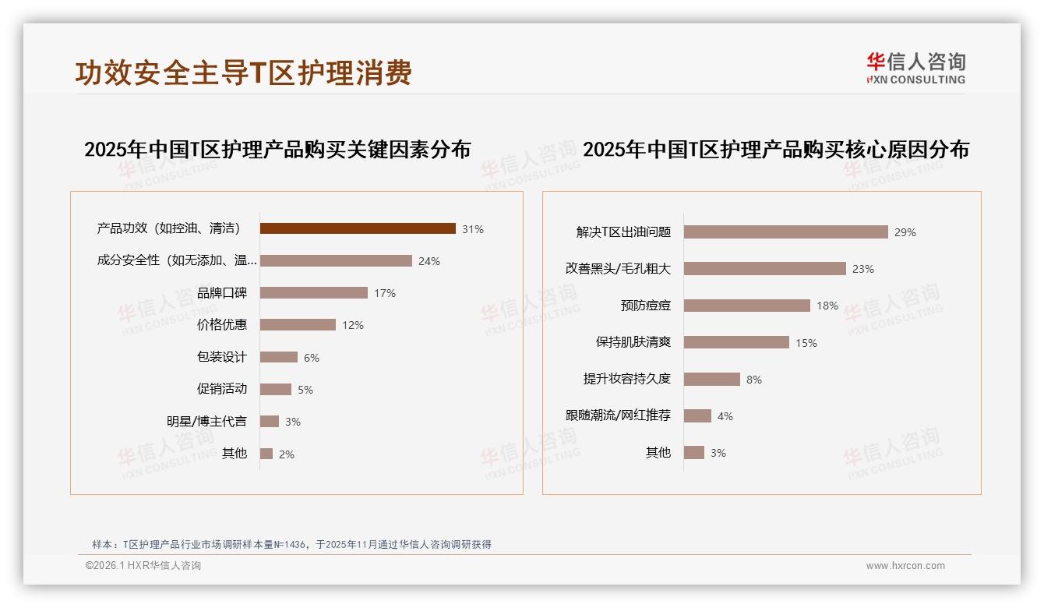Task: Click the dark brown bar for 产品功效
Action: pyautogui.click(x=358, y=228)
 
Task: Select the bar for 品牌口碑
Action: pyautogui.click(x=314, y=293)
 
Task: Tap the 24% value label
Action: pyautogui.click(x=429, y=261)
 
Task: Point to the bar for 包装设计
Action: pyautogui.click(x=279, y=357)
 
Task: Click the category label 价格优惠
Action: pyautogui.click(x=222, y=325)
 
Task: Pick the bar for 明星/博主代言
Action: pyautogui.click(x=270, y=422)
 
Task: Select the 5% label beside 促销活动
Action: pyautogui.click(x=305, y=390)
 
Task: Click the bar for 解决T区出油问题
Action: pyautogui.click(x=786, y=232)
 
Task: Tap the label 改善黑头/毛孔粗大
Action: pyautogui.click(x=618, y=269)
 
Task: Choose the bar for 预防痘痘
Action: pyautogui.click(x=747, y=306)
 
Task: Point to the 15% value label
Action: pyautogui.click(x=806, y=343)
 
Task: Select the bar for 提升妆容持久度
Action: pyautogui.click(x=712, y=380)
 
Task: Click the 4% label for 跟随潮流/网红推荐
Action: pyautogui.click(x=725, y=416)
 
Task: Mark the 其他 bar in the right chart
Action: pyautogui.click(x=694, y=453)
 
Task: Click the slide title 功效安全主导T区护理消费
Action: pyautogui.click(x=243, y=72)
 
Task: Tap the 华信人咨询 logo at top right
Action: pyautogui.click(x=915, y=68)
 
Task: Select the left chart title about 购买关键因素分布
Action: pyautogui.click(x=277, y=149)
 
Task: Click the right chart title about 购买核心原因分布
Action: pyautogui.click(x=775, y=149)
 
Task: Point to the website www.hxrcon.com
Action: pyautogui.click(x=905, y=566)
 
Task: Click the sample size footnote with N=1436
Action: pyautogui.click(x=291, y=545)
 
